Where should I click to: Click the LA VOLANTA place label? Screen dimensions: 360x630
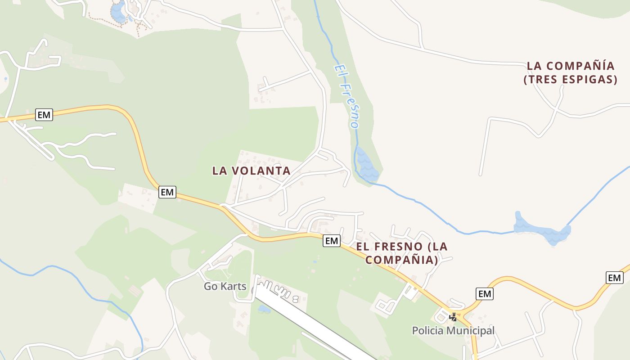[251, 171]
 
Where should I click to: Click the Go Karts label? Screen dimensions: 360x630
[225, 286]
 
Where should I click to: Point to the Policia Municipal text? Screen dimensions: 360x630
[453, 331]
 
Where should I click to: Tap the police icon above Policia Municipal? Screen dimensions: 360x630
[453, 317]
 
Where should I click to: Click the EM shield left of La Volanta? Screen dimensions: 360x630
[167, 192]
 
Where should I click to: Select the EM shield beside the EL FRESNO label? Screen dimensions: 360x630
[332, 241]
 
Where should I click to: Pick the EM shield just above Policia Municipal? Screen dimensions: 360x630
[485, 294]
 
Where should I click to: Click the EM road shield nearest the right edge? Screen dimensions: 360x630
[614, 278]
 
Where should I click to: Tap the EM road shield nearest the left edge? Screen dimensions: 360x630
[44, 115]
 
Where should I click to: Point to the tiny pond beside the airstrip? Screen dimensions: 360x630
[264, 309]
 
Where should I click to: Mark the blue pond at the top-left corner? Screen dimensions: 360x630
[118, 13]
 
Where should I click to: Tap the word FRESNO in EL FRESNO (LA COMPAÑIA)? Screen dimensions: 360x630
[400, 247]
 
